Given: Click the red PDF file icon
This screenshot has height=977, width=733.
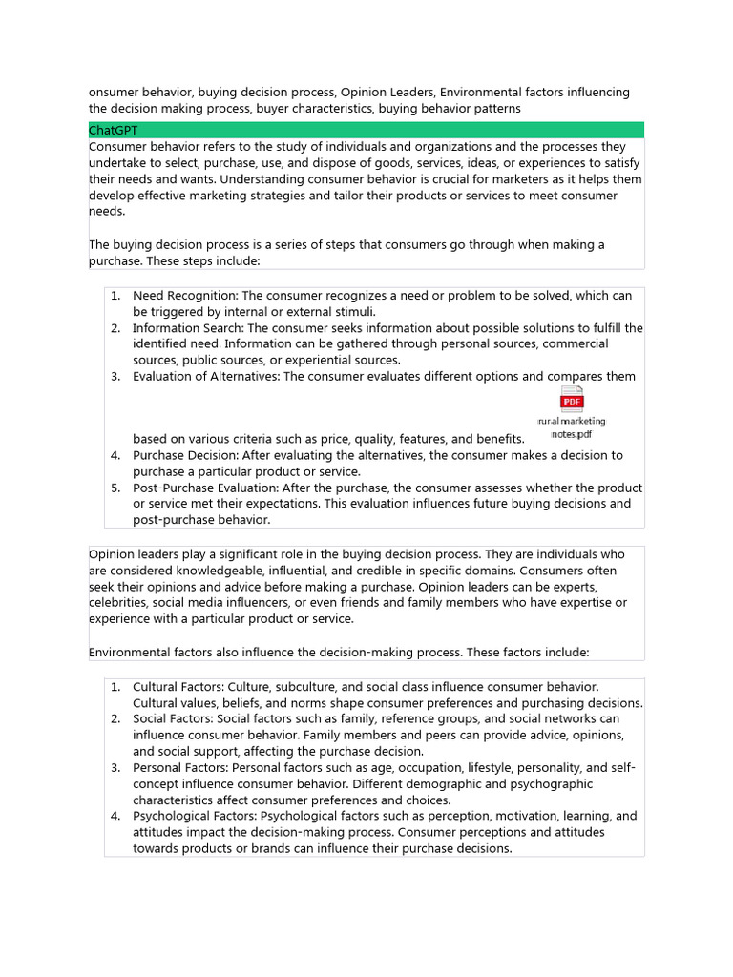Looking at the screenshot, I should pyautogui.click(x=572, y=399).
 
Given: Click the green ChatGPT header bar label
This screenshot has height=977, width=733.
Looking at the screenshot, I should pyautogui.click(x=114, y=130).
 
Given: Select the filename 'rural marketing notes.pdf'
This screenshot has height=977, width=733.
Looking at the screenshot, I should pyautogui.click(x=572, y=426).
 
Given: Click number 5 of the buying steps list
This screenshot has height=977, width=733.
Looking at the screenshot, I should pyautogui.click(x=115, y=488).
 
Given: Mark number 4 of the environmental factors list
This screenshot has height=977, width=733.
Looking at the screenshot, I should pyautogui.click(x=115, y=816).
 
